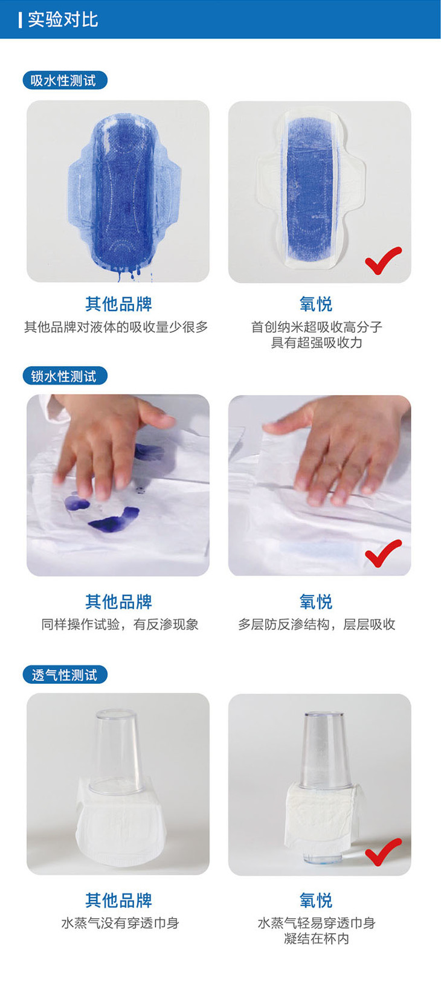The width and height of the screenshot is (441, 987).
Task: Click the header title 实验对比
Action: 63,20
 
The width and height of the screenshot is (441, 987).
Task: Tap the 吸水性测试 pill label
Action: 65,80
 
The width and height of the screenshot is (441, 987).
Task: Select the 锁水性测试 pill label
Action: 65,376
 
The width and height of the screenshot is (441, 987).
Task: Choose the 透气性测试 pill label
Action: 65,675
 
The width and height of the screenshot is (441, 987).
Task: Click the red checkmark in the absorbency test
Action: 383,260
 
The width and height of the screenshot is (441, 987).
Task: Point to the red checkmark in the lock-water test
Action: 383,553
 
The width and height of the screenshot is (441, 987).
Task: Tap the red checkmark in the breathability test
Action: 383,852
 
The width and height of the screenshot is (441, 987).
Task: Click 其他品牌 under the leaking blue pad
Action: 118,304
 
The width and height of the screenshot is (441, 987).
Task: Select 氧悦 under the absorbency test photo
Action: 316,304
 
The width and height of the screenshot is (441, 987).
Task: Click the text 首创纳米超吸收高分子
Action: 317,327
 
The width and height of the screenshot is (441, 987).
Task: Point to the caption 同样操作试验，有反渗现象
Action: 120,625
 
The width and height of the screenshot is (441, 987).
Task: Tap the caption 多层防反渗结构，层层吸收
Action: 317,625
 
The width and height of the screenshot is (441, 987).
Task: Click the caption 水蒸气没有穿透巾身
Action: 120,923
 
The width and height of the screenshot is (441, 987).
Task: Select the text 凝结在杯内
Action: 317,939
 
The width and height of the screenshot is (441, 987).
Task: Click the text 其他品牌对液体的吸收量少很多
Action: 116,327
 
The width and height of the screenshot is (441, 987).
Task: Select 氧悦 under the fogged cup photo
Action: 316,900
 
